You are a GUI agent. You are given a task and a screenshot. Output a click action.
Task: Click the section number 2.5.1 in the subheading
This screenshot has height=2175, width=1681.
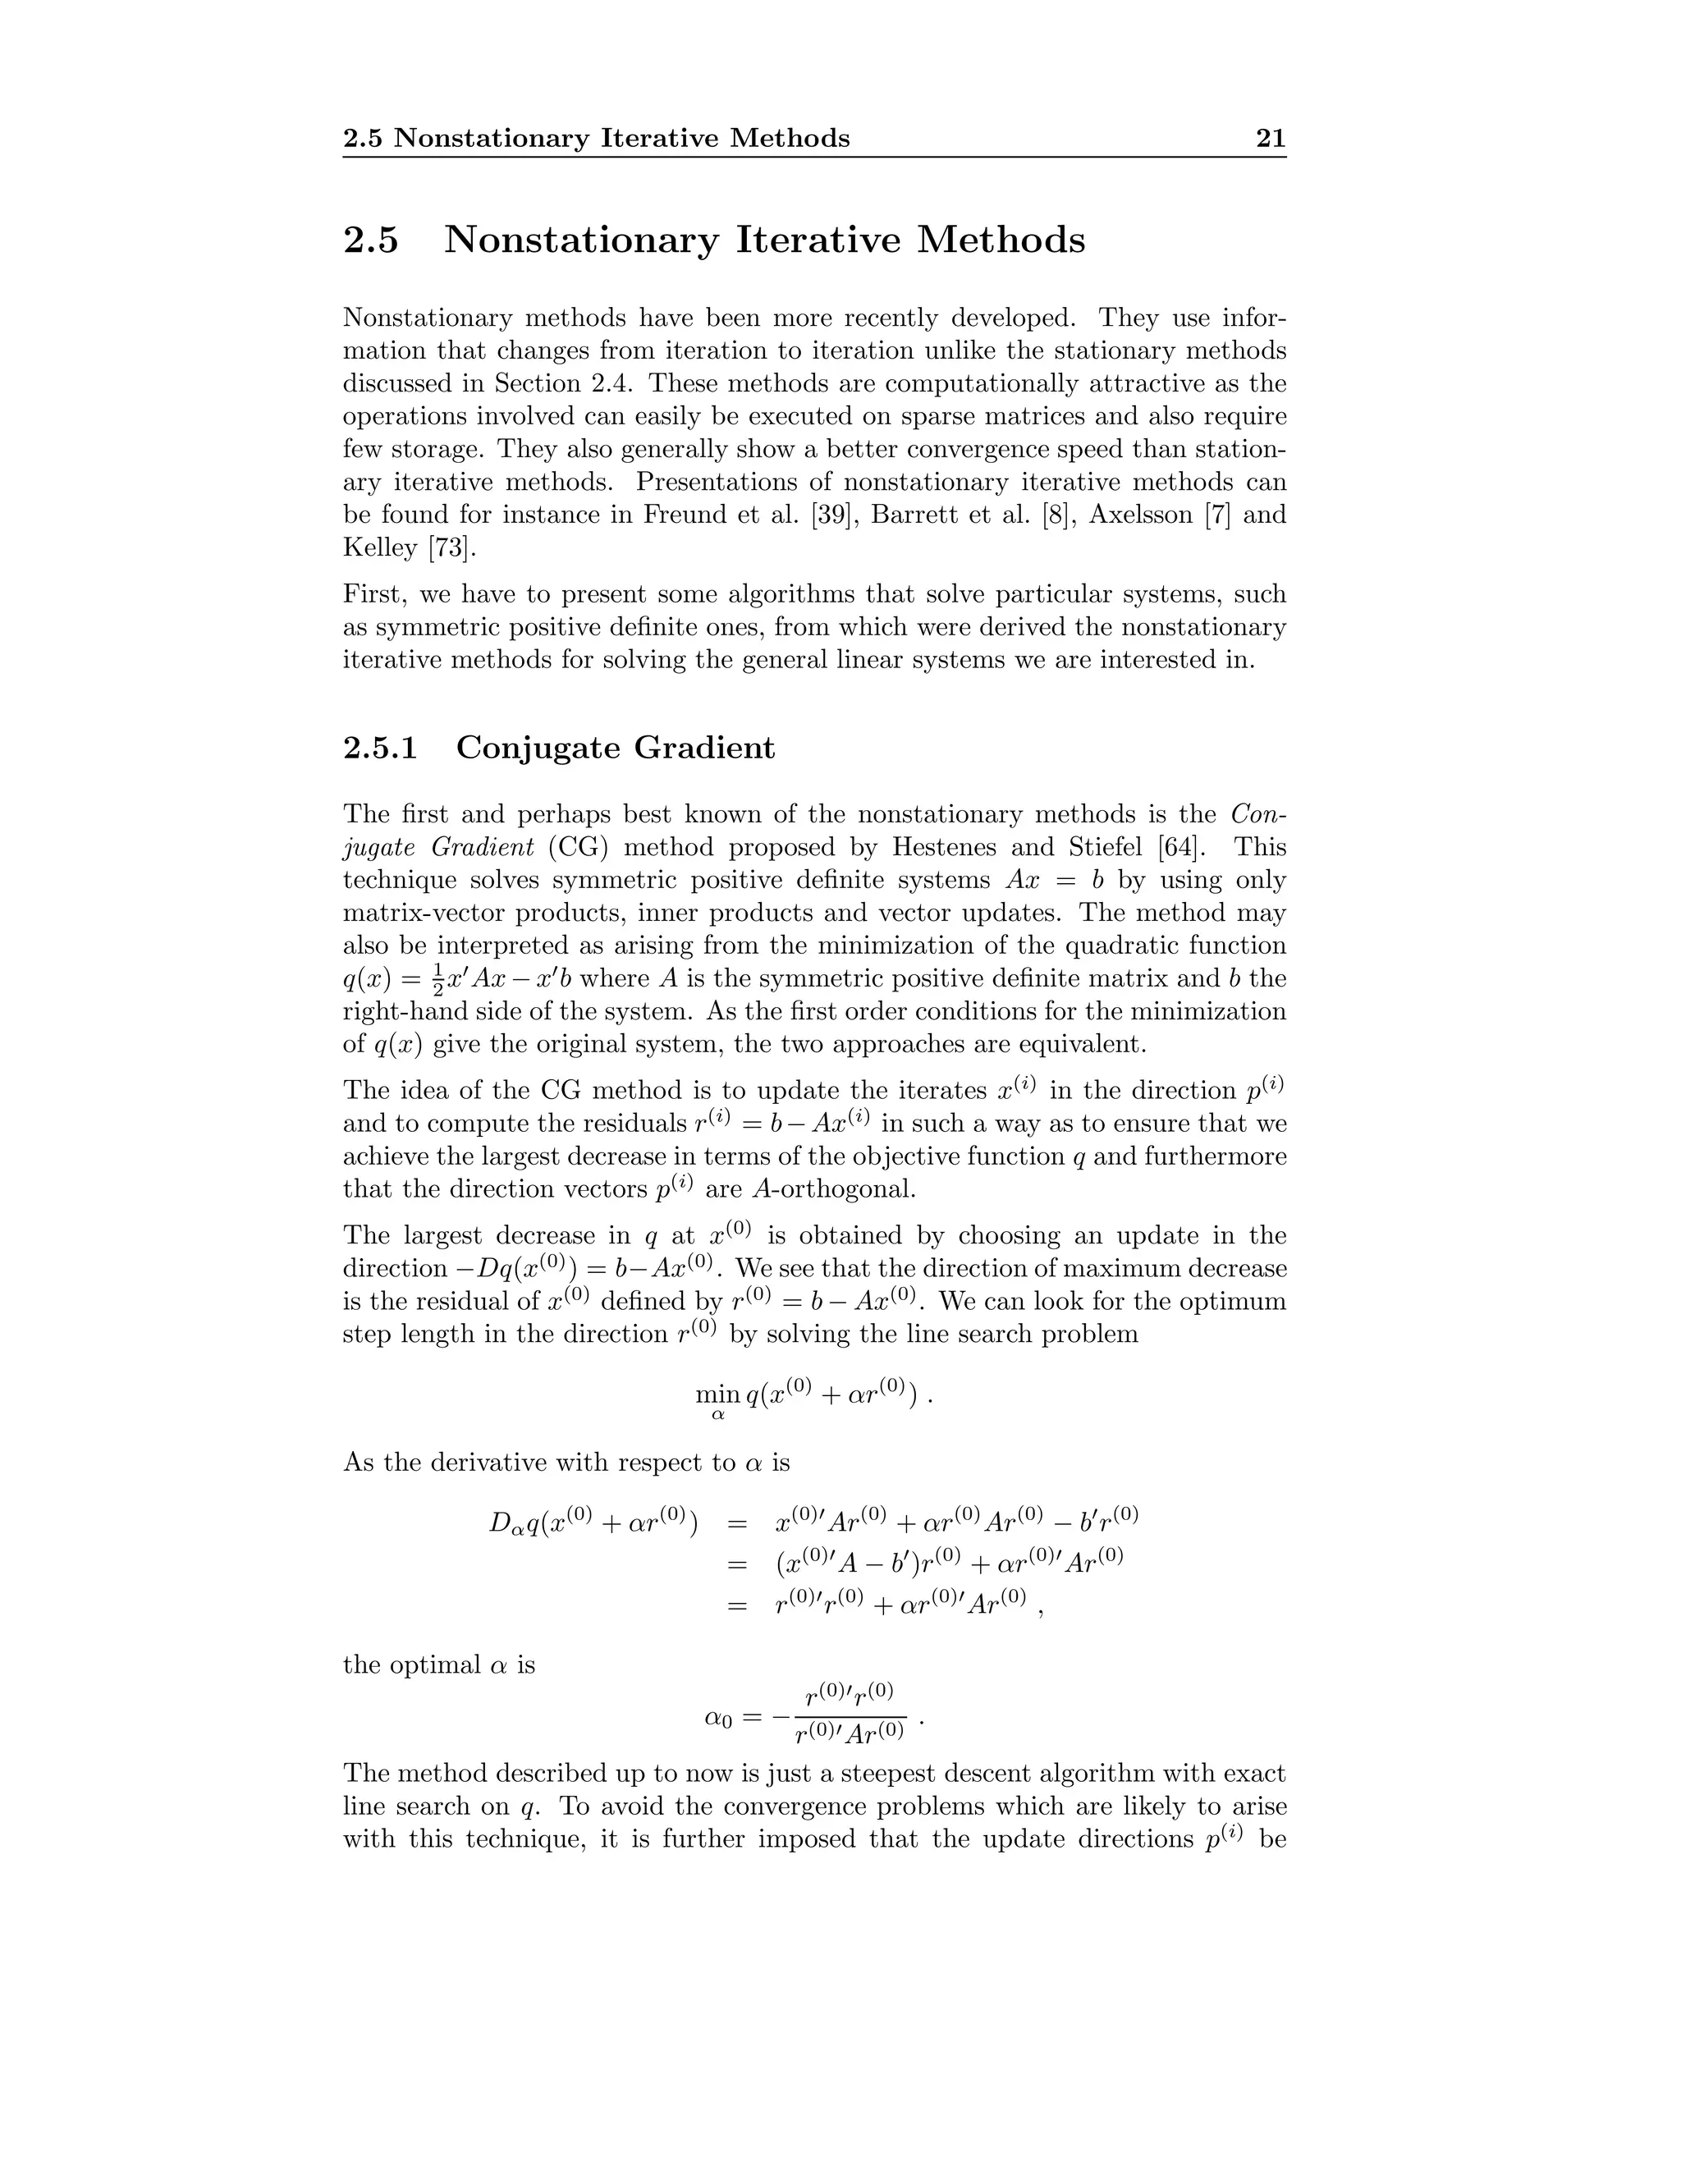[379, 748]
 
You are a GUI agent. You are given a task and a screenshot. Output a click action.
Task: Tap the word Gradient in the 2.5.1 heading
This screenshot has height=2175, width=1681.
[703, 748]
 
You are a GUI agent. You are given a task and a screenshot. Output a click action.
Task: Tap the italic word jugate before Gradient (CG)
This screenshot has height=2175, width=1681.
[379, 848]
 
